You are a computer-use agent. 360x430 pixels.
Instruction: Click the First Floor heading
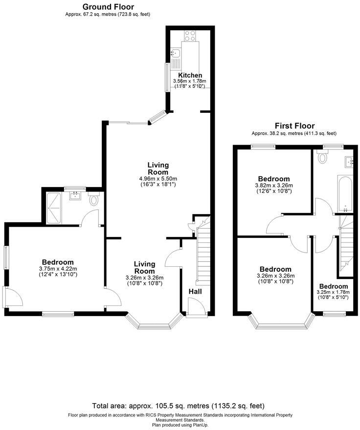click(294, 126)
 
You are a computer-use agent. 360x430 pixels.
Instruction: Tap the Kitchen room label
click(190, 75)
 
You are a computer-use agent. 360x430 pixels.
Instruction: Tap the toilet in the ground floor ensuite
click(94, 200)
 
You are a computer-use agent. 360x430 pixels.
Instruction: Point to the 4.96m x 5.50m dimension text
click(158, 178)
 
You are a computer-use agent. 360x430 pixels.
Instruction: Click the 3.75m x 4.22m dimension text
click(57, 268)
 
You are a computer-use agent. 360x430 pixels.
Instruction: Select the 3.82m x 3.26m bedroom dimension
click(274, 185)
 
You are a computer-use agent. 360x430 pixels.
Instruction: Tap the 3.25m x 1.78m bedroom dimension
click(334, 292)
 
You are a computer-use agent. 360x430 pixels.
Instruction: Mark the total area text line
click(178, 406)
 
